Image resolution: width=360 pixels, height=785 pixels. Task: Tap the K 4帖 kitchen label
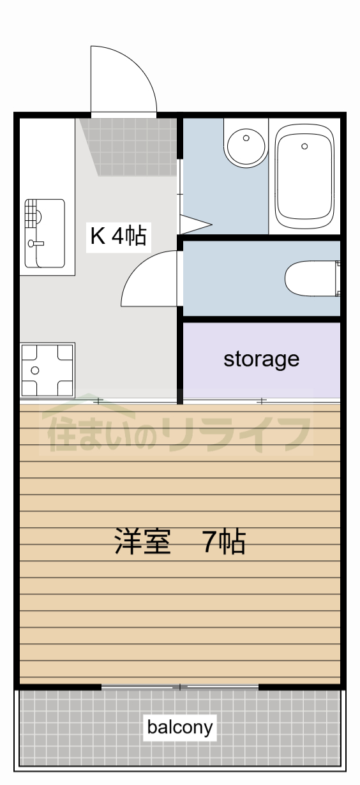click(119, 236)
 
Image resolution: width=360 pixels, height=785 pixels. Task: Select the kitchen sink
click(45, 233)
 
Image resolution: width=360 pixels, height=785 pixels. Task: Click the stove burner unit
click(47, 370)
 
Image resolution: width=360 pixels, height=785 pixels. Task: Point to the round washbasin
click(245, 147)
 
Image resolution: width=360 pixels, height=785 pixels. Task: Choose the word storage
click(261, 359)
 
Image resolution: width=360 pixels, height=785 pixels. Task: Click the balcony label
click(180, 727)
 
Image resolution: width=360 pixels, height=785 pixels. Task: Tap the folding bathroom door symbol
click(195, 224)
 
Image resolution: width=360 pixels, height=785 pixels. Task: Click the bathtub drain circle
click(304, 146)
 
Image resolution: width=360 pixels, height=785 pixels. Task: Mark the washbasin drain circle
click(245, 137)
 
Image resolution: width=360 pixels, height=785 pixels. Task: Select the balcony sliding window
click(180, 687)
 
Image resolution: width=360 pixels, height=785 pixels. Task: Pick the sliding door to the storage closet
click(262, 401)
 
